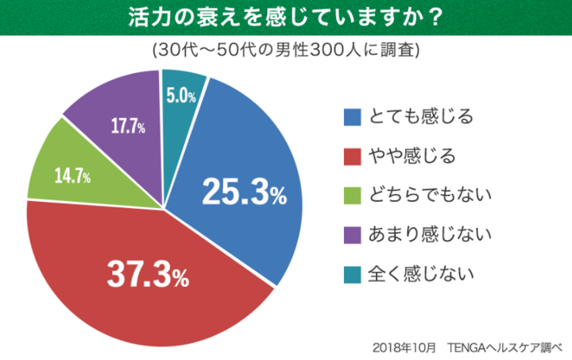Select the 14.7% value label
click(72, 176)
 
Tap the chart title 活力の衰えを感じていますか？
click(286, 17)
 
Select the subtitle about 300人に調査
click(285, 50)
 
